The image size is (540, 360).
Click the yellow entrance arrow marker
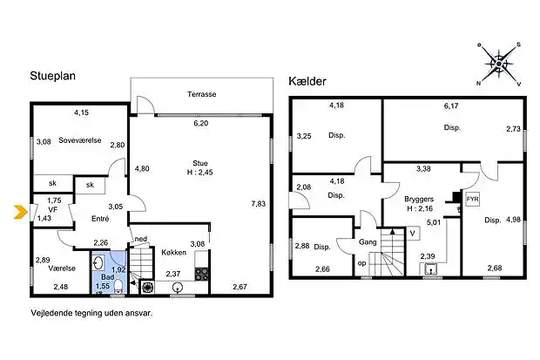pyautogui.click(x=21, y=212)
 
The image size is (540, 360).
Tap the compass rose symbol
pyautogui.click(x=499, y=65)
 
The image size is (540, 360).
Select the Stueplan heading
pyautogui.click(x=52, y=76)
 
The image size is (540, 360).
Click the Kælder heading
pyautogui.click(x=307, y=81)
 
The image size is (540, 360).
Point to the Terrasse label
pyautogui.click(x=202, y=94)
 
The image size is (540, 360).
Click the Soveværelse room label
pyautogui.click(x=80, y=140)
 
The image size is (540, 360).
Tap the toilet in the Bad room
pyautogui.click(x=118, y=287)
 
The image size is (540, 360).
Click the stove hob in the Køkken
pyautogui.click(x=201, y=274)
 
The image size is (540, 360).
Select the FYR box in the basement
pyautogui.click(x=472, y=200)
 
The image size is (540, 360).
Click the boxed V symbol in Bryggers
pyautogui.click(x=413, y=234)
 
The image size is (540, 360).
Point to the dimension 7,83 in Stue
pyautogui.click(x=259, y=204)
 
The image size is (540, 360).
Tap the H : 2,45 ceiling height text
pyautogui.click(x=199, y=172)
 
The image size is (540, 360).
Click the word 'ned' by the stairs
pyautogui.click(x=141, y=239)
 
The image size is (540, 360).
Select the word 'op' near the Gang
pyautogui.click(x=362, y=263)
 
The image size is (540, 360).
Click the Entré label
pyautogui.click(x=100, y=219)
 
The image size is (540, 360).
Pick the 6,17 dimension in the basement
pyautogui.click(x=451, y=105)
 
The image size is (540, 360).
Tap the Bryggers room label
pyautogui.click(x=419, y=200)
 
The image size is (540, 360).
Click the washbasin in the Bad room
pyautogui.click(x=98, y=263)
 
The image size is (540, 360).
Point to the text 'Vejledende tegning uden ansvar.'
pyautogui.click(x=91, y=313)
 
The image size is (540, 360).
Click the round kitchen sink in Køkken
pyautogui.click(x=178, y=288)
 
